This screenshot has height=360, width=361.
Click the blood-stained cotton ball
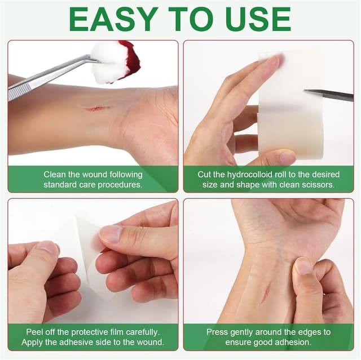(x=116, y=61)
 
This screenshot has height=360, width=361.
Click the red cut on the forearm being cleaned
(x=94, y=109)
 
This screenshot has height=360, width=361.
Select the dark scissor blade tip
(x=329, y=95)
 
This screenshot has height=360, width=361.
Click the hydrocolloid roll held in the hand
(x=290, y=104)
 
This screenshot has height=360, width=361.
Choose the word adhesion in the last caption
(x=291, y=342)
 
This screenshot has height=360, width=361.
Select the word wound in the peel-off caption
(x=149, y=342)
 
